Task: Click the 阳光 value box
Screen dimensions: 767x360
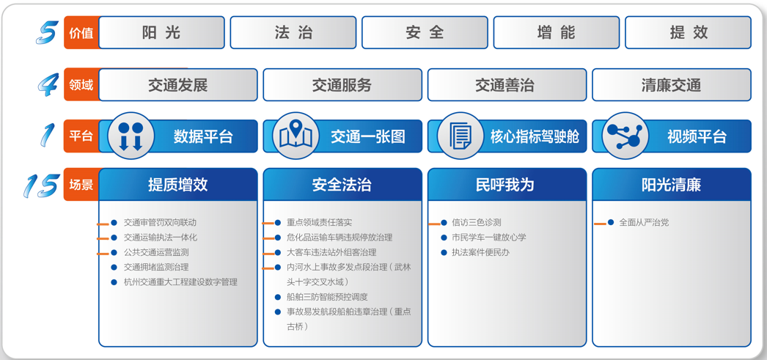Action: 161,32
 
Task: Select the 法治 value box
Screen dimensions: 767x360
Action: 293,32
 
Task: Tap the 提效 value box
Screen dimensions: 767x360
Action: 689,32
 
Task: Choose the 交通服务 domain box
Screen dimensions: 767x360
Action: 342,84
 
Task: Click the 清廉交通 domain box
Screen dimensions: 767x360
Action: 672,84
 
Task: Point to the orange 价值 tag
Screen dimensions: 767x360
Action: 81,33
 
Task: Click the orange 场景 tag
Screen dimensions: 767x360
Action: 81,185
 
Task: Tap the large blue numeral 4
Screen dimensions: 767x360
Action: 49,84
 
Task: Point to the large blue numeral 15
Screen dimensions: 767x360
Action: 41,186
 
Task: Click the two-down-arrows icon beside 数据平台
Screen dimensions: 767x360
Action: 131,136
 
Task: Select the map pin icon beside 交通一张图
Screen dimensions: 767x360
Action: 295,136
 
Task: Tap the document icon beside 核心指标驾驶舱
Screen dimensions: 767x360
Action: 460,136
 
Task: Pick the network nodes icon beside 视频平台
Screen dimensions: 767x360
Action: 625,136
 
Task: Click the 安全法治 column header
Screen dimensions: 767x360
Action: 342,185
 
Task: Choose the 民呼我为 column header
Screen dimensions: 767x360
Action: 507,185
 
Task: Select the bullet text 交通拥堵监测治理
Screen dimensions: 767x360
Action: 156,267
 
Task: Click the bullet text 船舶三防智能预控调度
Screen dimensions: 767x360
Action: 327,297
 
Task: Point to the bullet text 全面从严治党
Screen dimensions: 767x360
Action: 644,222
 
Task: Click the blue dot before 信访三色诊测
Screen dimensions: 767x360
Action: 444,223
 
